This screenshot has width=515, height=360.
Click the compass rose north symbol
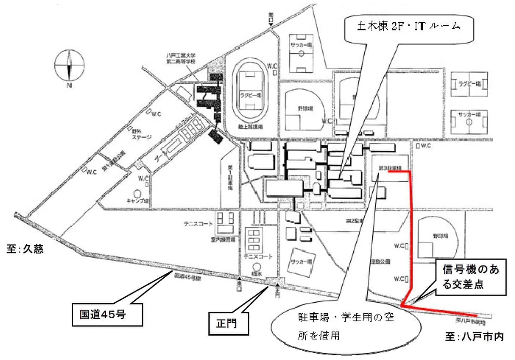69,66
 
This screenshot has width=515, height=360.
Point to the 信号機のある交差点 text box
471,277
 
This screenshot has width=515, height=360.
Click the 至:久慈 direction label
25,249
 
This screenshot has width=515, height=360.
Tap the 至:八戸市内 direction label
475,336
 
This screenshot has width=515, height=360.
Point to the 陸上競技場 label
251,126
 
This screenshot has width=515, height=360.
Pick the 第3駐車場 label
390,167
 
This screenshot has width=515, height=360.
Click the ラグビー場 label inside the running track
250,95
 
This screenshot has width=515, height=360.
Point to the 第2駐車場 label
354,221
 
